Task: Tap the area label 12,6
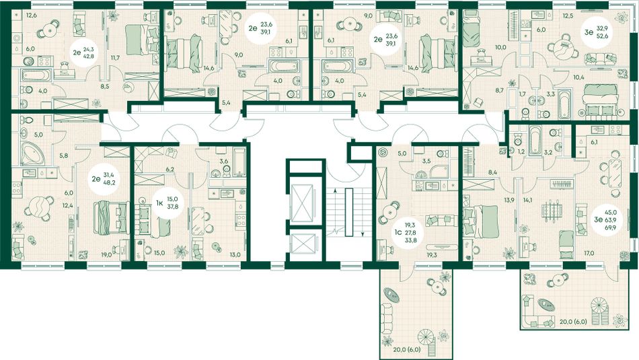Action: click(32, 16)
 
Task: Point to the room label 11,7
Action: click(116, 58)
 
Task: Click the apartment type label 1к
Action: click(159, 201)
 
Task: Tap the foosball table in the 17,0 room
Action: click(550, 210)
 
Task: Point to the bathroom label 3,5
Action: click(426, 161)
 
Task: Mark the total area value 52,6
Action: click(603, 36)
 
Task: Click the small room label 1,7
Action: click(523, 94)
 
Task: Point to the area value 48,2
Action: click(108, 182)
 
